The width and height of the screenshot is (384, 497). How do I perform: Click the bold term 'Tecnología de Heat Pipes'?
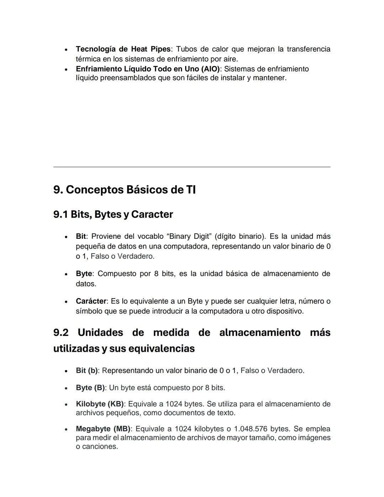tap(123, 49)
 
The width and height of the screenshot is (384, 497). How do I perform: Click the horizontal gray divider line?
tap(192, 166)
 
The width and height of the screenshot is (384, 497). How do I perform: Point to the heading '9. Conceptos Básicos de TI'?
tap(124, 190)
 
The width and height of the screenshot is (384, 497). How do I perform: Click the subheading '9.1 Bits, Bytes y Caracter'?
tap(113, 215)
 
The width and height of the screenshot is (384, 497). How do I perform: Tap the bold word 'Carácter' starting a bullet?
tap(91, 301)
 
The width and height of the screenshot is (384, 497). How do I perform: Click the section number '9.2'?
tap(61, 333)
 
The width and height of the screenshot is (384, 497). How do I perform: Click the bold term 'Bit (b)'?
tap(87, 371)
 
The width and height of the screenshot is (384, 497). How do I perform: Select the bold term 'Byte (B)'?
tap(90, 388)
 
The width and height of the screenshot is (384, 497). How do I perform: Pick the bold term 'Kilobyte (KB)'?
tap(100, 404)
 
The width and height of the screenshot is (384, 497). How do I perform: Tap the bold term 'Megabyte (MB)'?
tap(103, 429)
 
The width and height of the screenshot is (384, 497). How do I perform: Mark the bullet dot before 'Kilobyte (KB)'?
tap(66, 405)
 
